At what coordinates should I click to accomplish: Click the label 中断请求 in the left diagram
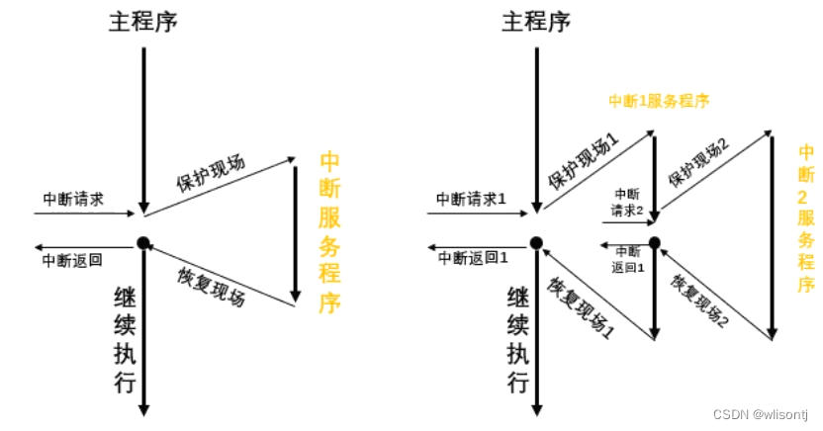[x=73, y=198]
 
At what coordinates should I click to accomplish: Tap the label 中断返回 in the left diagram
[x=72, y=261]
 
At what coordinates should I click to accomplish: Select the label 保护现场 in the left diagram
[x=211, y=174]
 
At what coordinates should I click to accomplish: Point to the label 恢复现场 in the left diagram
[x=212, y=286]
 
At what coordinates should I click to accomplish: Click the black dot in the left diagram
[x=143, y=243]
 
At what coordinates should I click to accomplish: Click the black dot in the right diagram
[x=535, y=243]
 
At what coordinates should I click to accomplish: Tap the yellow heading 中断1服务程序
[x=660, y=100]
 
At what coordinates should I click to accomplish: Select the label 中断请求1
[x=472, y=198]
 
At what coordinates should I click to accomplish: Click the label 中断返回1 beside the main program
[x=474, y=260]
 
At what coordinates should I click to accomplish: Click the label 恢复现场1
[x=581, y=306]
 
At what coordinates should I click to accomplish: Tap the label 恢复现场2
[x=700, y=301]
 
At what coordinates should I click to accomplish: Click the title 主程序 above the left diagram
[x=143, y=21]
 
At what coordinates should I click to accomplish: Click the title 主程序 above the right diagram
[x=536, y=21]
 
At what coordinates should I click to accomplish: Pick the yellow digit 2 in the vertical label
[x=806, y=196]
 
